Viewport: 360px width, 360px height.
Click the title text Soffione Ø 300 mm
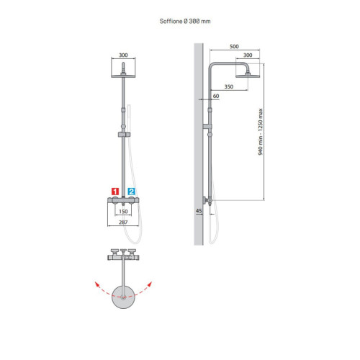point(185,21)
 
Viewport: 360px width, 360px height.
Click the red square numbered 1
point(115,192)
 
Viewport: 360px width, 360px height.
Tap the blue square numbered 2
point(132,192)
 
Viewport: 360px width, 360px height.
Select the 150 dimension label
point(123,212)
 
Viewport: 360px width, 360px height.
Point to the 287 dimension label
point(123,222)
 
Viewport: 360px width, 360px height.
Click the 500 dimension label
point(234,46)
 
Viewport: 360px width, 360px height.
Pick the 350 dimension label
point(229,86)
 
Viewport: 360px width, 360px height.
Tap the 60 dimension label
point(216,96)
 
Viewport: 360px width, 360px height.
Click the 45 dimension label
point(199,211)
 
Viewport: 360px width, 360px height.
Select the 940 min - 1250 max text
point(261,132)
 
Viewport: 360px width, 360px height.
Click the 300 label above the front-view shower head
point(123,55)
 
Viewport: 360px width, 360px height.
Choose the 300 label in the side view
point(248,55)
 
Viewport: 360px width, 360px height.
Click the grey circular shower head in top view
point(123,297)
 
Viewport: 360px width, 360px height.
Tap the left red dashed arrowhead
point(97,284)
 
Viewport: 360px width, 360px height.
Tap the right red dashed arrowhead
point(150,284)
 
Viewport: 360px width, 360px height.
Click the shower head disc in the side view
point(248,76)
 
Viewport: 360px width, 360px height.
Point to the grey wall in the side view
point(199,144)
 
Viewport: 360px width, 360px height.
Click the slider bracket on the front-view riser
point(124,135)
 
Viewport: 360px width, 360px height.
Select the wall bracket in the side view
point(207,126)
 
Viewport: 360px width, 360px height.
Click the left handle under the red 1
point(115,200)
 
